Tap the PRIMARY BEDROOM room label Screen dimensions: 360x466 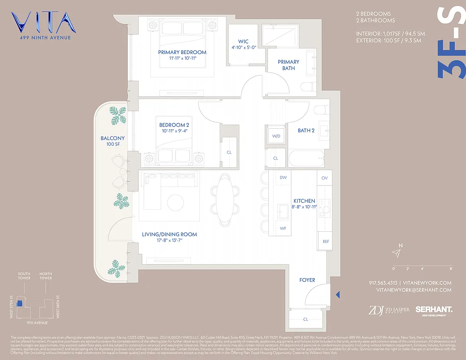pyautogui.click(x=182, y=52)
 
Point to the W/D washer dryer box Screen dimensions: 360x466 pyautogui.click(x=276, y=136)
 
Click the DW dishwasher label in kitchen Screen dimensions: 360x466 pyautogui.click(x=283, y=178)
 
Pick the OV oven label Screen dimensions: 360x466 pyautogui.click(x=324, y=178)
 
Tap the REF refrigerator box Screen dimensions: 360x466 pyautogui.click(x=326, y=242)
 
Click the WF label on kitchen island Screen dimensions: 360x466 pyautogui.click(x=283, y=229)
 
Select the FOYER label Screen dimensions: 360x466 pyautogui.click(x=307, y=280)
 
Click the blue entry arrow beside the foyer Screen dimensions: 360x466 pyautogui.click(x=338, y=294)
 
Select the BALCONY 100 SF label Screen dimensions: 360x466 pyautogui.click(x=113, y=141)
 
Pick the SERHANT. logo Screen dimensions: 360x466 pyautogui.click(x=434, y=310)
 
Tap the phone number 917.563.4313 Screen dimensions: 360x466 pyautogui.click(x=384, y=283)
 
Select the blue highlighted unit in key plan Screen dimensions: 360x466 pyautogui.click(x=19, y=304)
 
